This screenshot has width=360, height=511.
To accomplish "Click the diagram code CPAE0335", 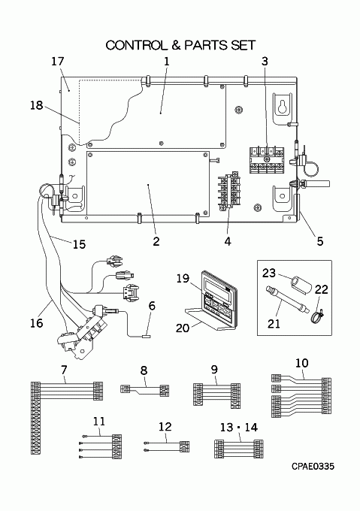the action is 313,467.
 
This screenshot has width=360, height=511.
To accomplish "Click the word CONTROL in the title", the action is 136,45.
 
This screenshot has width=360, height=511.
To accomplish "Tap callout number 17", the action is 58,62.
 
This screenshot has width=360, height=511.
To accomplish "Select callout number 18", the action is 37,105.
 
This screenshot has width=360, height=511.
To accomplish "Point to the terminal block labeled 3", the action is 267,160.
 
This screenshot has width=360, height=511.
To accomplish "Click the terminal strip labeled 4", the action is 228,191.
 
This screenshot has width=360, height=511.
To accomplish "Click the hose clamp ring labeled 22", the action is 316,316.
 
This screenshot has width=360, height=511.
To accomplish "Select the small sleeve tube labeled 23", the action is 301,283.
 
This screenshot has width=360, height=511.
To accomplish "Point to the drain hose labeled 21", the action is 286,298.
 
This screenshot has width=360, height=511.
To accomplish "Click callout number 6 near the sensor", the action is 152,306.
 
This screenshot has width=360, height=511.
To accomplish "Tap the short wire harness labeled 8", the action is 145,390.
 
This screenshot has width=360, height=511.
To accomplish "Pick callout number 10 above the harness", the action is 301,363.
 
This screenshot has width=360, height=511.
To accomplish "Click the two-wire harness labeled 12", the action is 167,446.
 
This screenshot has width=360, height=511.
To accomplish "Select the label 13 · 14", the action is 239,427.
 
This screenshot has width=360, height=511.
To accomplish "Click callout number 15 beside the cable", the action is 78,244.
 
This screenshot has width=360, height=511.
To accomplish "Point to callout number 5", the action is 320,241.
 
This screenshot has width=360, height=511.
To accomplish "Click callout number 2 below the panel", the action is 156,241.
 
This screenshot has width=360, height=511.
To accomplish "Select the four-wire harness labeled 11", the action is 101,447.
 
